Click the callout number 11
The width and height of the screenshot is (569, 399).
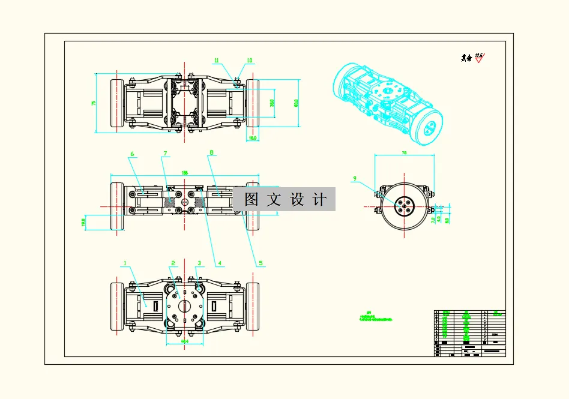tap(217, 60)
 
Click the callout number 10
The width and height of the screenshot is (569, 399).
tap(250, 60)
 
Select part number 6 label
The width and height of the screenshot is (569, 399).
tap(131, 154)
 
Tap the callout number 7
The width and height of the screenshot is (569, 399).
tap(165, 154)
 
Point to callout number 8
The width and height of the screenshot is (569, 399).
tap(211, 154)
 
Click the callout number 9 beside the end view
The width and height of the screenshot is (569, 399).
tap(355, 178)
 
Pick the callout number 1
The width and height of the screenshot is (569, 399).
tap(125, 263)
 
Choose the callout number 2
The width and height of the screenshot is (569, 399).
tap(173, 263)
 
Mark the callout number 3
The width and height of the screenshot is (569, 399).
tap(200, 263)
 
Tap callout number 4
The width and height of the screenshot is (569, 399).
tap(220, 263)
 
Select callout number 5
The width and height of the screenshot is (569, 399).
tap(260, 263)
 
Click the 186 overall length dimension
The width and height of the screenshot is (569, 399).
tap(185, 173)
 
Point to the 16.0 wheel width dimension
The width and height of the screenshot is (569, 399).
tap(253, 138)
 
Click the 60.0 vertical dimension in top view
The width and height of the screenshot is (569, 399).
tap(295, 103)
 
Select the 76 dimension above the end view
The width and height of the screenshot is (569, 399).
tap(404, 154)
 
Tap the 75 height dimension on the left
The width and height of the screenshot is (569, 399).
tap(94, 103)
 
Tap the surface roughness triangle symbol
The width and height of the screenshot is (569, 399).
tap(479, 58)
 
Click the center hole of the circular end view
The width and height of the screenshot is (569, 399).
tap(404, 206)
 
